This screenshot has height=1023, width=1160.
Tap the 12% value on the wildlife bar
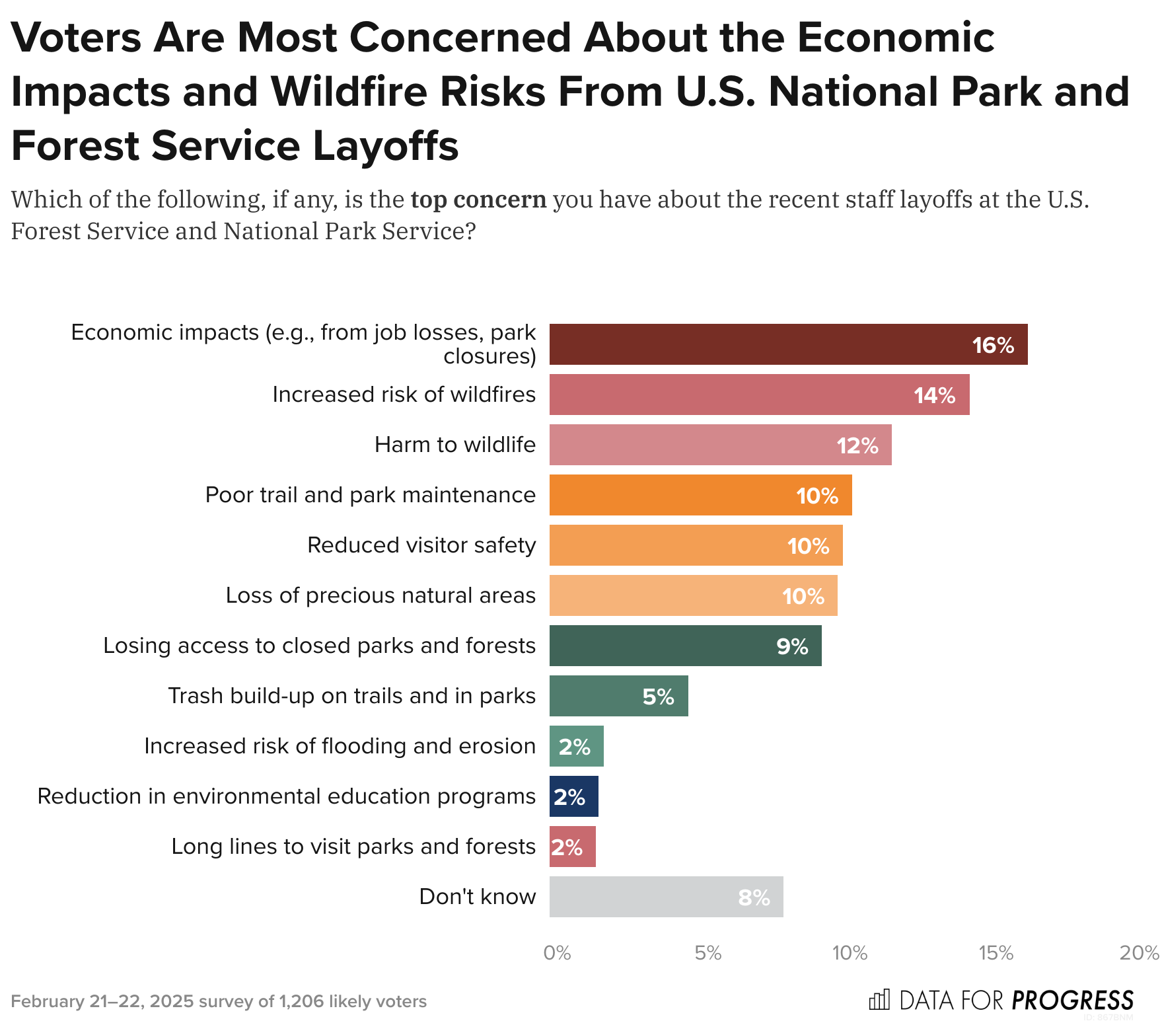pyautogui.click(x=857, y=445)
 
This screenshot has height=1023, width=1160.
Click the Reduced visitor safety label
pyautogui.click(x=421, y=545)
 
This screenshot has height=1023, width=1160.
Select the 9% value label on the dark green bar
pyautogui.click(x=792, y=646)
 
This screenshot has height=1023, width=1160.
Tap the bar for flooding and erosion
pyautogui.click(x=576, y=746)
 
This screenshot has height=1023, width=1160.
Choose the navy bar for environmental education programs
pyautogui.click(x=573, y=796)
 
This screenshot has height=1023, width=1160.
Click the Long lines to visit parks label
pyautogui.click(x=353, y=847)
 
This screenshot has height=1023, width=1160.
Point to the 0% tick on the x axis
pyautogui.click(x=557, y=953)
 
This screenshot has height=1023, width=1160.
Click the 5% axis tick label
pyautogui.click(x=707, y=953)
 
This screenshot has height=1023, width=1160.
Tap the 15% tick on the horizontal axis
pyautogui.click(x=996, y=953)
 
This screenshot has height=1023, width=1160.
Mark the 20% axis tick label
pyautogui.click(x=1139, y=953)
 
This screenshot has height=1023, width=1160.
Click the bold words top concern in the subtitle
pyautogui.click(x=478, y=200)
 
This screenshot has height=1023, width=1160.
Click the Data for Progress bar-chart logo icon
pyautogui.click(x=879, y=1000)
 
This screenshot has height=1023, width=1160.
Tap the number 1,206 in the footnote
pyautogui.click(x=301, y=1001)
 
